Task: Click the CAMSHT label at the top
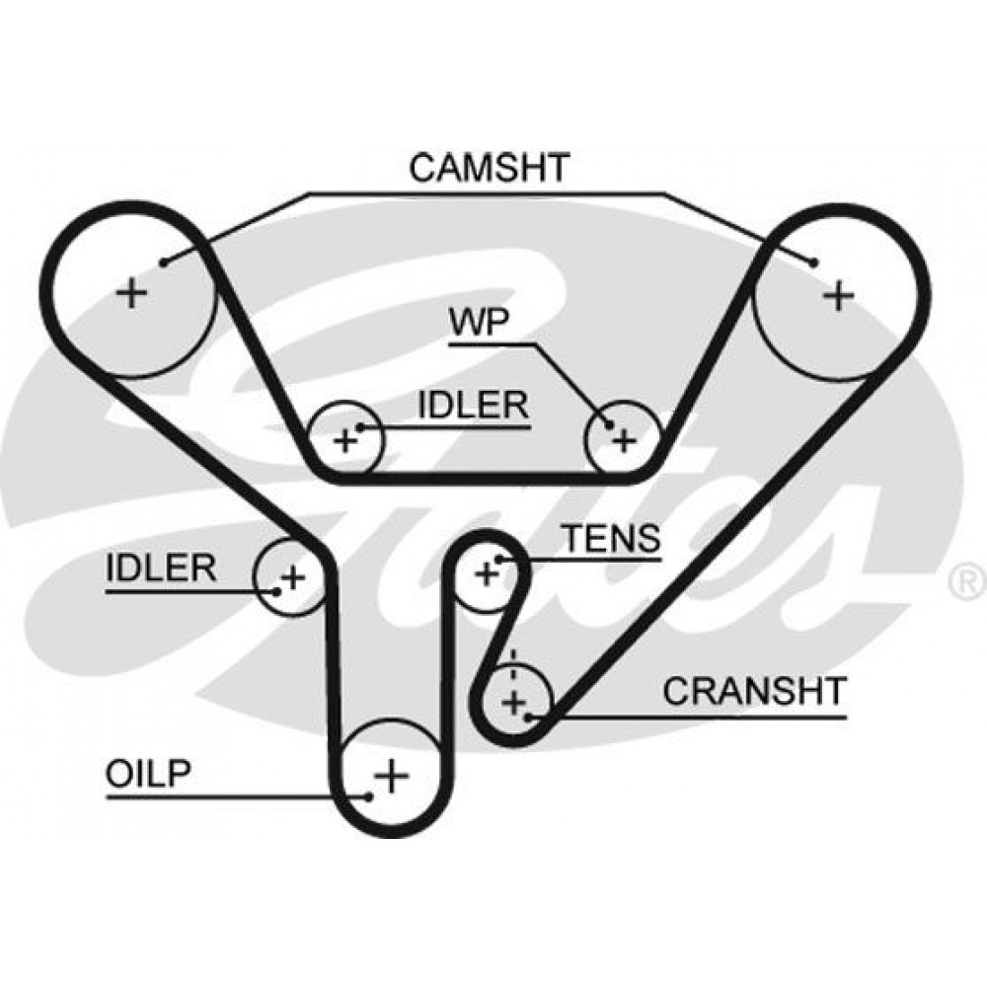(x=490, y=167)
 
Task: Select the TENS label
(x=610, y=538)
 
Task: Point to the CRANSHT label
(x=754, y=691)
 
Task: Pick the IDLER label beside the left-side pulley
(x=161, y=568)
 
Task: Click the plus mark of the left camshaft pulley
(x=131, y=292)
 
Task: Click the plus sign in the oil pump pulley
(x=392, y=775)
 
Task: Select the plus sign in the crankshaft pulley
(x=512, y=703)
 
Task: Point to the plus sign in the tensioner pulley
(x=486, y=572)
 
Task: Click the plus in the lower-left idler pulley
(x=292, y=575)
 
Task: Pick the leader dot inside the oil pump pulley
(x=369, y=796)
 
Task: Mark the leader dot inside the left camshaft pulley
(x=163, y=262)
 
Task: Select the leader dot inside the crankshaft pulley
(x=532, y=716)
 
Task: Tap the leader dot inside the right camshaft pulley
(x=813, y=263)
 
